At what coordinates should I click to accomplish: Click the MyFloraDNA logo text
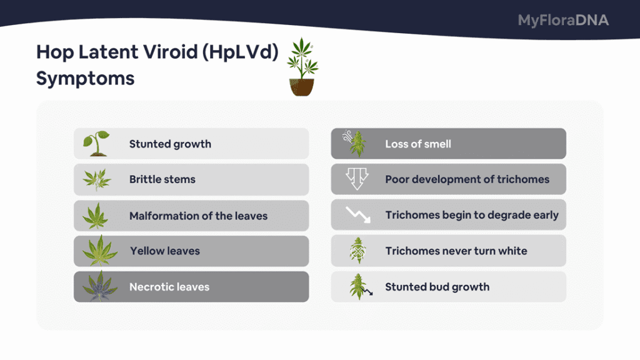pos(563,21)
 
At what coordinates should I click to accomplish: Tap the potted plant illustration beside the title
pos(302,67)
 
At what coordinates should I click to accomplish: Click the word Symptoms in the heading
pos(85,78)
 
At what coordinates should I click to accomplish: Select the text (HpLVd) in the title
pos(240,52)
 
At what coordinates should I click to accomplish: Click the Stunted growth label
pos(170,144)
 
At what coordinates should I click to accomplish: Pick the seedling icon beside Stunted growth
pos(96,143)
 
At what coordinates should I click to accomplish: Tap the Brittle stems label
pos(162,179)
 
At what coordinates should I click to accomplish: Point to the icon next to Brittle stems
pos(97,179)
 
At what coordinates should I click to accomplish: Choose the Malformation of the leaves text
pos(198,216)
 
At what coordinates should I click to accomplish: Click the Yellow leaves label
pos(165,251)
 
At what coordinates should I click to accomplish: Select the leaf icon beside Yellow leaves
pos(99,250)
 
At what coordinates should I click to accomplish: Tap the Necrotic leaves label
pos(169,287)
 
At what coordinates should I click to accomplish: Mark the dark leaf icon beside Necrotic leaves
pos(99,286)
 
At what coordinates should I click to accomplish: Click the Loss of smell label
pos(418,144)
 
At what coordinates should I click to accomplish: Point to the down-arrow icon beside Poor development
pos(357,179)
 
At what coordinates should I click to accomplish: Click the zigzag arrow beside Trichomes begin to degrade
pos(358,215)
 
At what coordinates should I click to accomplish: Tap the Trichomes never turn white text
pos(456,251)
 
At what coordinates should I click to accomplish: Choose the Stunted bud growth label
pos(437,287)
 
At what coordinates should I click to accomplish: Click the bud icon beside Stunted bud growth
pos(360,286)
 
